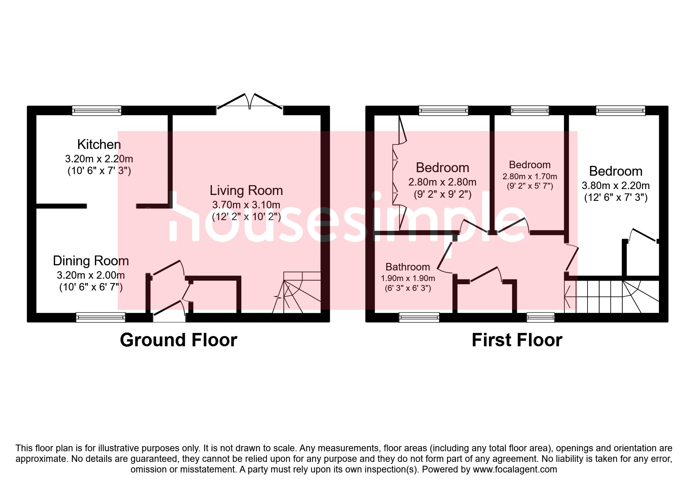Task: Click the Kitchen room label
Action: [99, 145]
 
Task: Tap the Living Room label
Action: [246, 191]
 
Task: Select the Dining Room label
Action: [91, 261]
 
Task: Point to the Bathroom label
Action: [408, 267]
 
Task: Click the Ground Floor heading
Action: [179, 340]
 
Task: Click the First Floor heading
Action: [517, 340]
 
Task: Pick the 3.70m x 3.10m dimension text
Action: [246, 205]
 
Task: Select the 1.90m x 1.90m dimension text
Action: [408, 278]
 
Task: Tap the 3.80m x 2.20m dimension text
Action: [615, 186]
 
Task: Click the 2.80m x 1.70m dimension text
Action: [530, 177]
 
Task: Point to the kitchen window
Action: [97, 111]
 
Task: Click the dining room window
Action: [100, 317]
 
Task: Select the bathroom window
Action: [419, 317]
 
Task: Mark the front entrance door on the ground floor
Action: [169, 311]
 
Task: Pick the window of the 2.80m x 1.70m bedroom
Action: [530, 111]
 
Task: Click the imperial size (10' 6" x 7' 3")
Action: [99, 171]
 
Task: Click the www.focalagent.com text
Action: [515, 469]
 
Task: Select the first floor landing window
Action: [541, 317]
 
